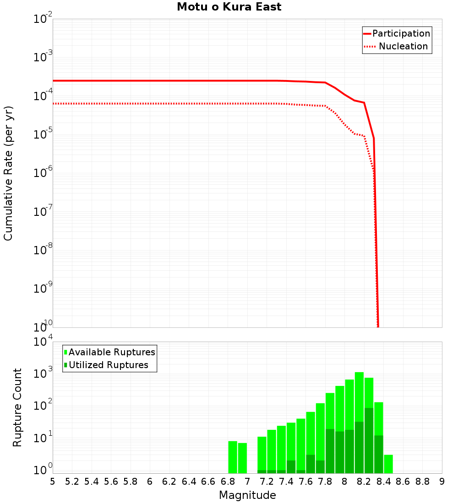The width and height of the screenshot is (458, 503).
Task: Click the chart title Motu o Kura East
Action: pyautogui.click(x=229, y=7)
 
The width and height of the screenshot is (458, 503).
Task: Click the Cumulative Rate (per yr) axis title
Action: pyautogui.click(x=8, y=173)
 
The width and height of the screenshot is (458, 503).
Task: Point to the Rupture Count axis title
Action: pyautogui.click(x=17, y=407)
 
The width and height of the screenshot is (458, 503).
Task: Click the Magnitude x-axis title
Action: pyautogui.click(x=247, y=495)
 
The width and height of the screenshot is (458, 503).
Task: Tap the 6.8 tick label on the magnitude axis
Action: pyautogui.click(x=228, y=482)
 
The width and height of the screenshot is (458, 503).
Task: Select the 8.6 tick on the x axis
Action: pyautogui.click(x=403, y=482)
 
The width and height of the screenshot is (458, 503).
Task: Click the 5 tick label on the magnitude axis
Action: pyautogui.click(x=53, y=482)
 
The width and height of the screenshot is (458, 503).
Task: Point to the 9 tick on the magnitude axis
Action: pyautogui.click(x=442, y=482)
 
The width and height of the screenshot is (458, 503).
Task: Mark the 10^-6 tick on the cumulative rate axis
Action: pyautogui.click(x=43, y=173)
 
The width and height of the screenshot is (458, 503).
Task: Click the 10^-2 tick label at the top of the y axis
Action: pyautogui.click(x=43, y=20)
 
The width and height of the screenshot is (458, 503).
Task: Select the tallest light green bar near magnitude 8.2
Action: pyautogui.click(x=359, y=421)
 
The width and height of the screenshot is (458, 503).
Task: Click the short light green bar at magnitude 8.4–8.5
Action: pyautogui.click(x=388, y=464)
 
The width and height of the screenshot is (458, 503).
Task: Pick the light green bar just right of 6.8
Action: pyautogui.click(x=233, y=457)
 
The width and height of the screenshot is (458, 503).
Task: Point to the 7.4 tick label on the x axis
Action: pyautogui.click(x=286, y=482)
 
